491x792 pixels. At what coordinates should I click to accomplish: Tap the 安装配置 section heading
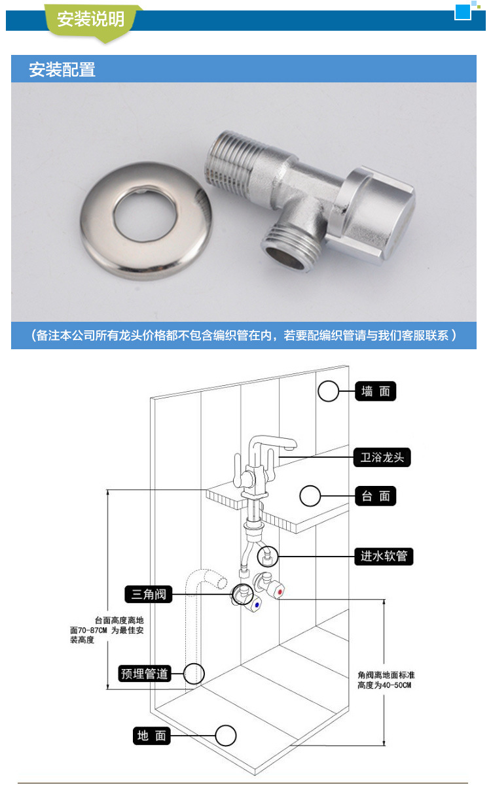tap(62, 69)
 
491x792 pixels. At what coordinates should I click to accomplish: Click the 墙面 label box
tap(376, 391)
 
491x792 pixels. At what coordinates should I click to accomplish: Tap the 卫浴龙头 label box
tap(382, 457)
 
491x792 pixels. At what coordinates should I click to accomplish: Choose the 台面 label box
tap(376, 496)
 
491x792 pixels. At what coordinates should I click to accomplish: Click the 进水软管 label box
tap(384, 556)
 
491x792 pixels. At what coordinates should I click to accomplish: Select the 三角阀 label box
tap(149, 594)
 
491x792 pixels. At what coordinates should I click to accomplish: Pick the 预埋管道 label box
tap(145, 674)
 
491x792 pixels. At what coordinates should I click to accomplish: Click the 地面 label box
tap(151, 736)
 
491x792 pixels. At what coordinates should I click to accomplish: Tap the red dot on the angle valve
tap(280, 591)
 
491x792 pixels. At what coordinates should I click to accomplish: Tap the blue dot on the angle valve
tap(257, 605)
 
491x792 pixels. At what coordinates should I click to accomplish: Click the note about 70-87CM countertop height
tap(107, 630)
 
